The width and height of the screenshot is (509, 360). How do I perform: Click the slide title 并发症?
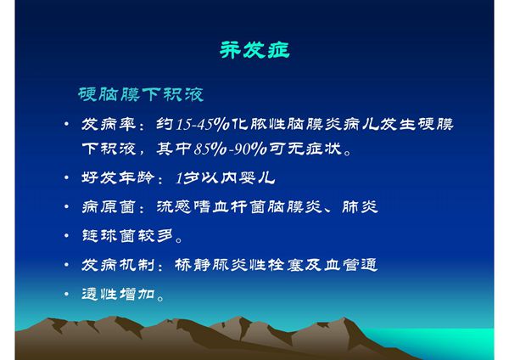point(255,49)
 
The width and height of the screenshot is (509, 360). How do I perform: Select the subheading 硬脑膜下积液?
point(141,92)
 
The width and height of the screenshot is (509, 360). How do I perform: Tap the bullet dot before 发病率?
point(67,125)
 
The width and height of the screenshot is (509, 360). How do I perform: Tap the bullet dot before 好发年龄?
point(67,179)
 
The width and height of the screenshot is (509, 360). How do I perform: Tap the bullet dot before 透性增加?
point(67,295)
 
